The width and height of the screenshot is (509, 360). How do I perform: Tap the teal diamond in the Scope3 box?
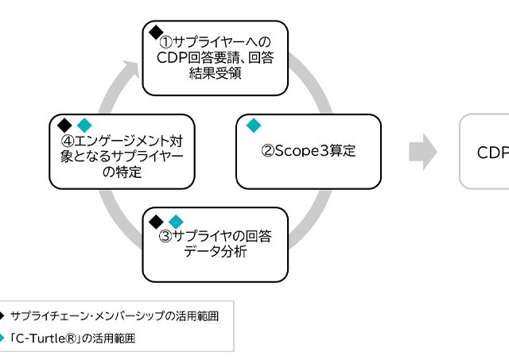click(254, 125)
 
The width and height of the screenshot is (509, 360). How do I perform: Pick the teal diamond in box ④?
click(84, 125)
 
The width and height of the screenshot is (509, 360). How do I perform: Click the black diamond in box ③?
click(157, 221)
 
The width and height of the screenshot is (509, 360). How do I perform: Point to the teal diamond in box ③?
click(176, 221)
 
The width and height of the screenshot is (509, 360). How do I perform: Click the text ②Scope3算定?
click(309, 151)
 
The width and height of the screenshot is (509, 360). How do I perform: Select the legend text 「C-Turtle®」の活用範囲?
click(73, 338)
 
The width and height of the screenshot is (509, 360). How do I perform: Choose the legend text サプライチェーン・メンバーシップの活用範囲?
click(115, 316)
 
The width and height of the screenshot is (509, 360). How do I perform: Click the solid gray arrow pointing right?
click(424, 151)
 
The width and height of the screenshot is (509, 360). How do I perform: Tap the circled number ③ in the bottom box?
click(165, 236)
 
